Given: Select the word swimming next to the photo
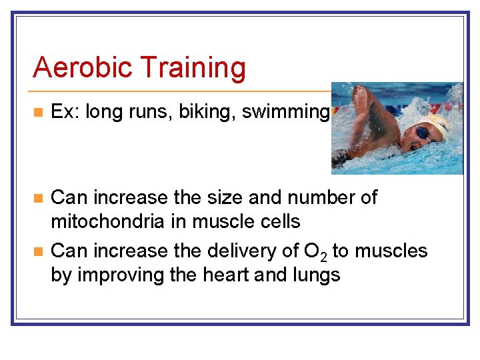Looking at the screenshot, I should (x=285, y=113).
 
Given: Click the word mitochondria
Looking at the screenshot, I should (x=109, y=221).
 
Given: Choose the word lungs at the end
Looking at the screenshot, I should (x=311, y=275).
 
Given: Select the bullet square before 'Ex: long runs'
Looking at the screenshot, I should (x=39, y=113).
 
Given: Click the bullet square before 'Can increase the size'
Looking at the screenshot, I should (x=39, y=198).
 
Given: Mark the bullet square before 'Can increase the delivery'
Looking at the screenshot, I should (x=39, y=251).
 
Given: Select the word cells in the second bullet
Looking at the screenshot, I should (x=277, y=221).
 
